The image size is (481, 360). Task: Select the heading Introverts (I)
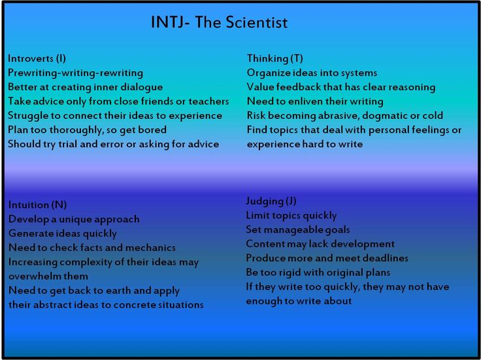pos(37,58)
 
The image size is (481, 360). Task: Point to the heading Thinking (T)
pos(275,58)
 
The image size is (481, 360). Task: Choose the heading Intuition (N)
pos(37,205)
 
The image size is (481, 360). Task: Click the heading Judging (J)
pos(271,201)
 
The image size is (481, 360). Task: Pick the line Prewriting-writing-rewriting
pos(75,73)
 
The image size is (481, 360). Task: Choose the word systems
pos(359,73)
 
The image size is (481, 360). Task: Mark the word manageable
pos(291,230)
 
